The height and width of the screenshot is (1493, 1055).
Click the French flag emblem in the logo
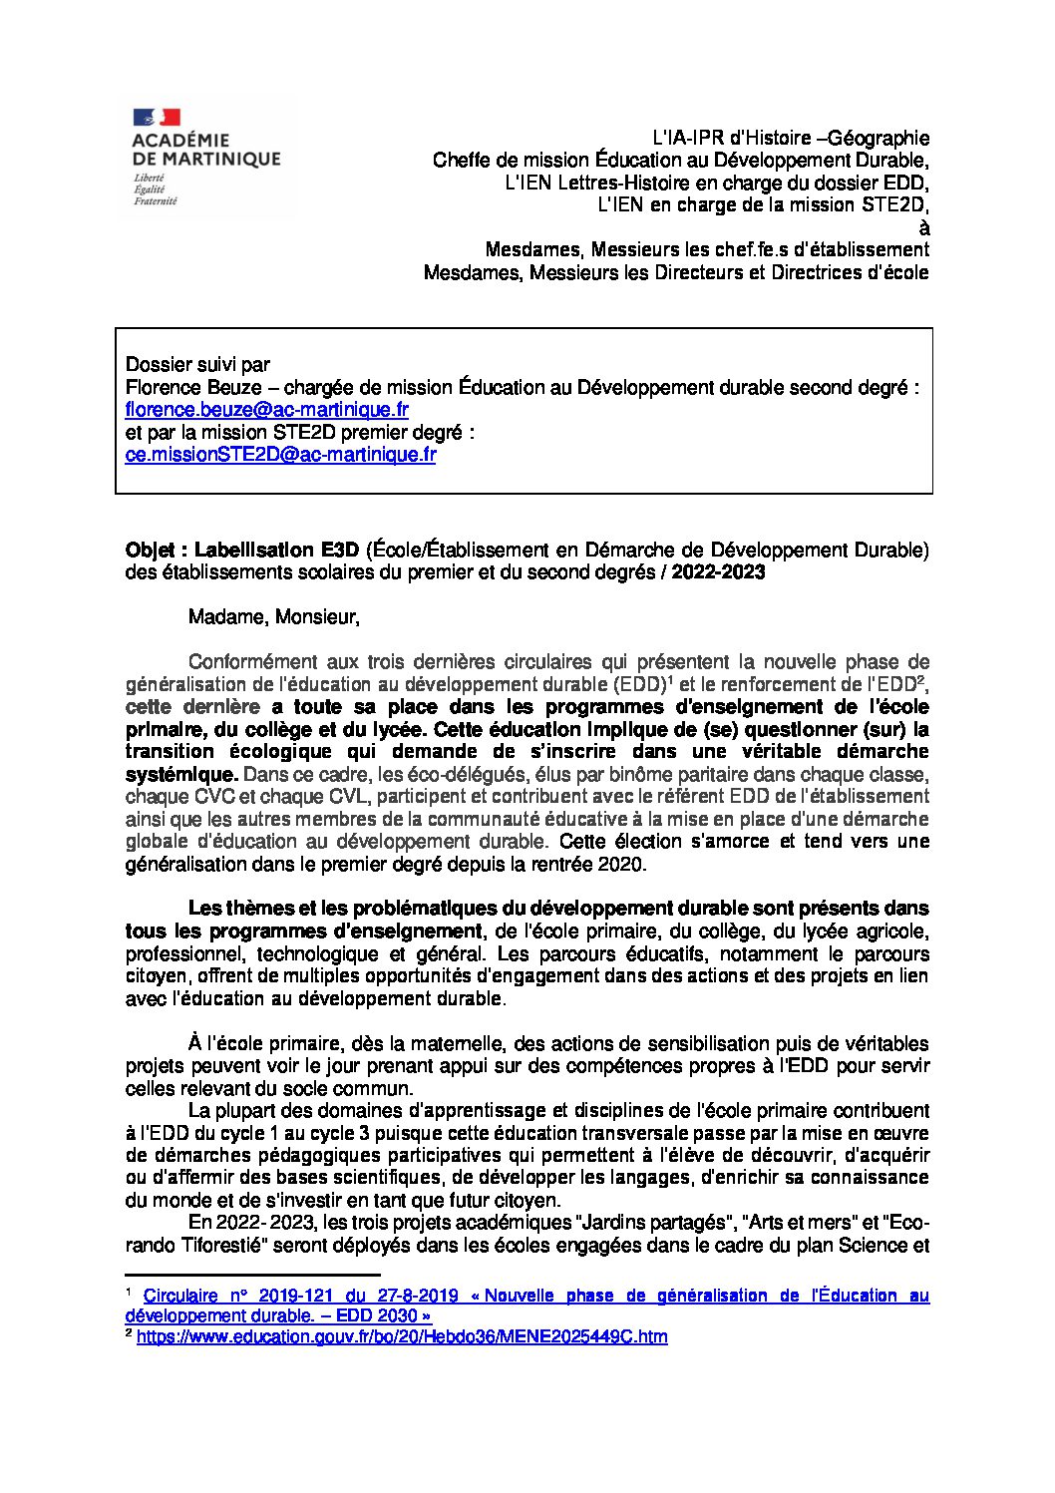pos(156,118)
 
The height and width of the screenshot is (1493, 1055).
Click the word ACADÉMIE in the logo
pos(180,141)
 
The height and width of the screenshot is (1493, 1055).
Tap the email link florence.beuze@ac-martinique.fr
pos(267,410)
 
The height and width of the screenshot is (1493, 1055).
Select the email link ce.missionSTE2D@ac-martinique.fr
pos(280,455)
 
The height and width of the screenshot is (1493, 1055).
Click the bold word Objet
pos(151,550)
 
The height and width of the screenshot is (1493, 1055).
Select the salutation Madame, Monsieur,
pos(273,617)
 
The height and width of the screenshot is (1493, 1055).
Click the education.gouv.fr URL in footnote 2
pos(402,1336)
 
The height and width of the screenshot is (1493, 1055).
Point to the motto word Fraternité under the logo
pos(156,201)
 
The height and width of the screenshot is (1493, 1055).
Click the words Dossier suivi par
pos(197,365)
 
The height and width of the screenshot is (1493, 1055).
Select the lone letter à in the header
pos(923,227)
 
